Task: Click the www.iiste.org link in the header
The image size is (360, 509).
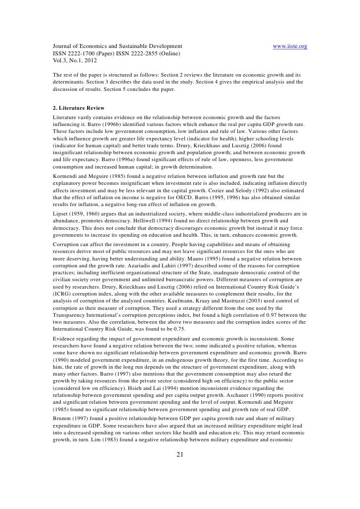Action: coord(290,47)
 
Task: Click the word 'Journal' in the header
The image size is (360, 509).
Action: coord(63,47)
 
